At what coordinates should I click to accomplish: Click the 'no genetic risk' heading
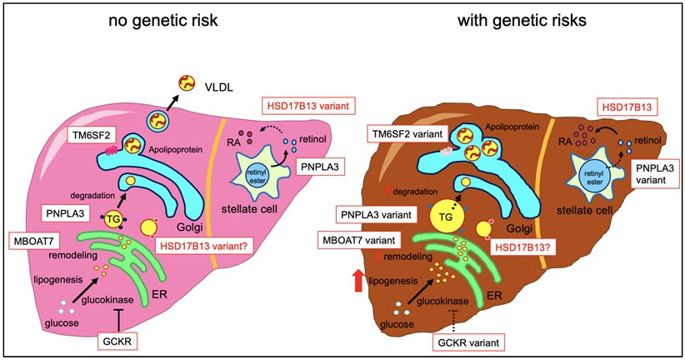click(x=163, y=21)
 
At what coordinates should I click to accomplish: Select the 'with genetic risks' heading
click(x=522, y=21)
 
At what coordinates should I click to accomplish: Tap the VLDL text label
click(x=218, y=87)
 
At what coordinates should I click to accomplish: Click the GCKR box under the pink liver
click(x=118, y=341)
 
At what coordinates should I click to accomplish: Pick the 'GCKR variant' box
click(x=468, y=342)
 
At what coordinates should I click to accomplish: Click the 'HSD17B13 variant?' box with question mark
click(x=204, y=246)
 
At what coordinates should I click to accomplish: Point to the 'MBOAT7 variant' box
click(x=359, y=240)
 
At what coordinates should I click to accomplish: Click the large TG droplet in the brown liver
click(x=446, y=217)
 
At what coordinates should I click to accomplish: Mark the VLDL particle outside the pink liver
click(x=187, y=83)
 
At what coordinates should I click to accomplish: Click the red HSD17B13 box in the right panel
click(x=627, y=106)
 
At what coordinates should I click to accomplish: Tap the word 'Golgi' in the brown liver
click(x=520, y=228)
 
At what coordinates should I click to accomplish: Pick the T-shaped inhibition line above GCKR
click(x=118, y=320)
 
